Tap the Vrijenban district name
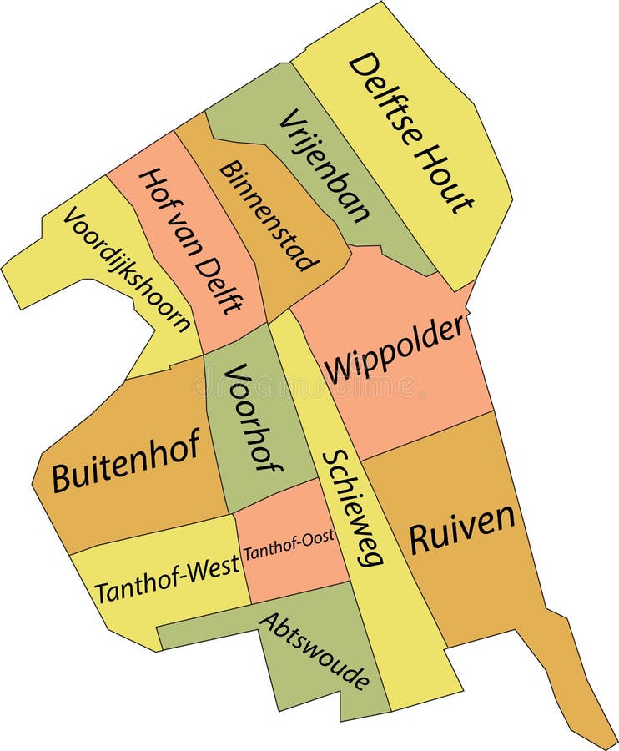[325, 165]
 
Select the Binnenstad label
[269, 215]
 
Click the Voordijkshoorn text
[127, 269]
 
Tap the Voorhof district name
[251, 417]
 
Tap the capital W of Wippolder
[340, 368]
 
